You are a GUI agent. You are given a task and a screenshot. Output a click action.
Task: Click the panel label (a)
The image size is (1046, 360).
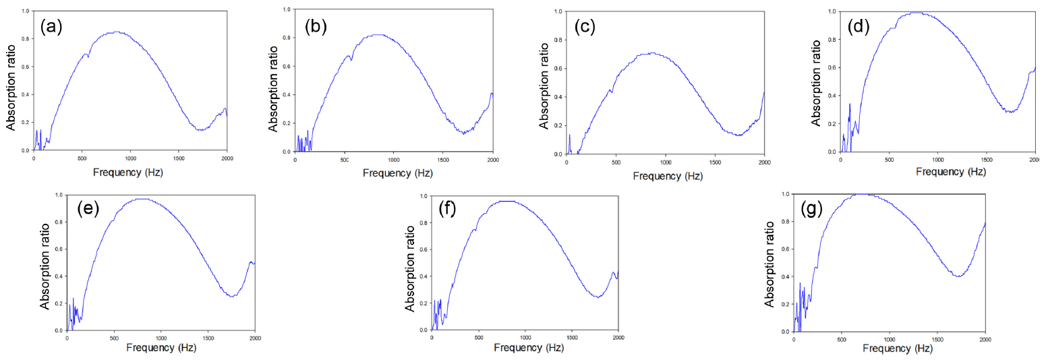[52, 28]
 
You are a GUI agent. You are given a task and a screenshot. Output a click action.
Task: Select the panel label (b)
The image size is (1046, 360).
[316, 27]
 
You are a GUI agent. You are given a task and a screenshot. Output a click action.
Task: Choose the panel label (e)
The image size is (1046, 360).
[87, 208]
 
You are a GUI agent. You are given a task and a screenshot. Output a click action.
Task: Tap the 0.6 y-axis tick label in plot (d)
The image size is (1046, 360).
[828, 68]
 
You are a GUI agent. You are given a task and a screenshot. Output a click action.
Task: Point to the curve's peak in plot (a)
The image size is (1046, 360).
[117, 32]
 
